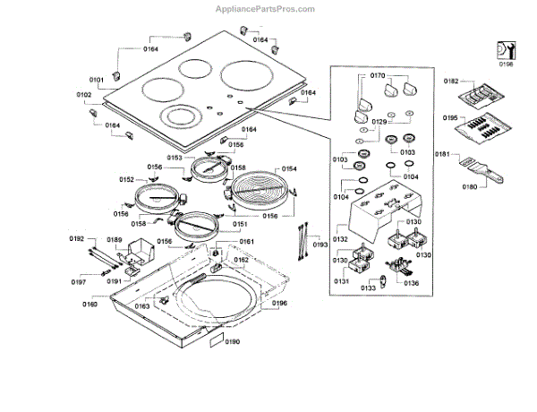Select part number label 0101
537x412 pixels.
click(x=97, y=81)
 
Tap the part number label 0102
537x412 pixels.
click(x=84, y=94)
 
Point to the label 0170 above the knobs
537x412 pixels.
click(x=377, y=77)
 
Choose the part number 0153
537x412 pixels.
click(x=175, y=158)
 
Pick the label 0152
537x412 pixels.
click(x=126, y=180)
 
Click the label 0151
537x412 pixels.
click(x=241, y=224)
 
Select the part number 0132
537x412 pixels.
click(x=340, y=240)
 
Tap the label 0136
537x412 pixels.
click(x=411, y=283)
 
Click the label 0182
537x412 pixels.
click(x=451, y=81)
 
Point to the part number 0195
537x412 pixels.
click(x=451, y=118)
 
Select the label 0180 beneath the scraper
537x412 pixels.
click(x=469, y=187)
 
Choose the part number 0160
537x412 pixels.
click(x=89, y=305)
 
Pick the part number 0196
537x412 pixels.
click(x=279, y=304)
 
